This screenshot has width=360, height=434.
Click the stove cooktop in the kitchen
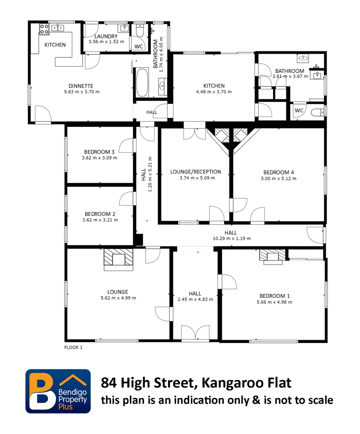[44, 28]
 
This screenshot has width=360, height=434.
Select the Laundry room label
[106, 36]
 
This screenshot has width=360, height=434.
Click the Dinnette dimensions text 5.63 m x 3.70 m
[81, 92]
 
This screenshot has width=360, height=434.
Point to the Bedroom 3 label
[99, 151]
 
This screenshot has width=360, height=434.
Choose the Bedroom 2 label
[100, 214]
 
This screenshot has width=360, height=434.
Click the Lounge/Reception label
[196, 172]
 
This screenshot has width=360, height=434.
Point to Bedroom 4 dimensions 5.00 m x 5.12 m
[278, 178]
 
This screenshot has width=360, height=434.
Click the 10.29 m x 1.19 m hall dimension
[231, 238]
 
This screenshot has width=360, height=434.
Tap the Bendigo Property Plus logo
[58, 391]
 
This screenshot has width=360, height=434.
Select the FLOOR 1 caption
[74, 348]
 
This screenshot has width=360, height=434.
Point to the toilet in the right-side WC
[318, 111]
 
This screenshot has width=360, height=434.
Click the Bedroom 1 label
[274, 296]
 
